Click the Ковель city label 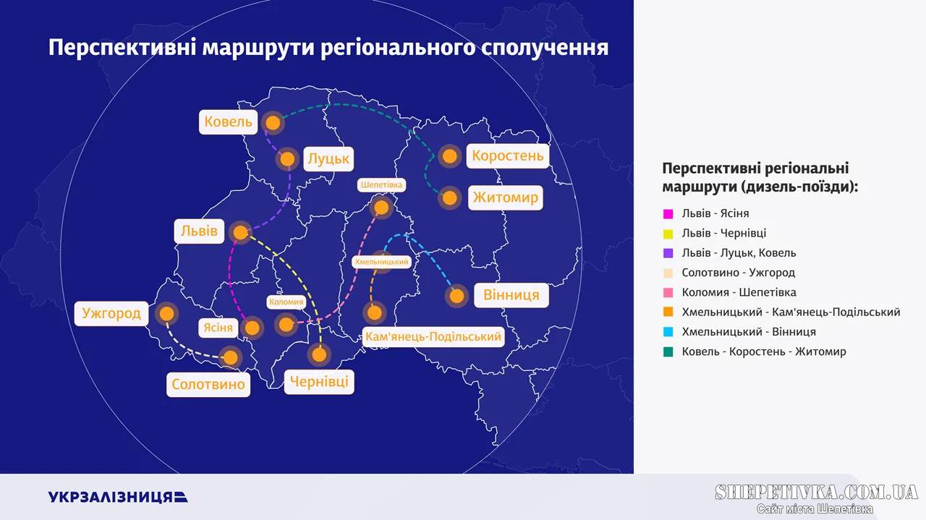click(x=228, y=122)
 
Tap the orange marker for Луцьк click(x=287, y=159)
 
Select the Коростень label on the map click(x=508, y=155)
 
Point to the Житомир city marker click(x=450, y=198)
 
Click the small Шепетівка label click(x=381, y=184)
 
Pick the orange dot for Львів click(x=240, y=233)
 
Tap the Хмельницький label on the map click(x=381, y=262)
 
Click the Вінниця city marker click(x=456, y=296)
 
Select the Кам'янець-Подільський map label click(x=433, y=336)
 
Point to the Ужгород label click(x=111, y=313)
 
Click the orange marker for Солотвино click(x=230, y=357)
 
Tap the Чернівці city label click(x=319, y=382)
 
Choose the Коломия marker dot click(x=286, y=325)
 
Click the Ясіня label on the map click(x=218, y=328)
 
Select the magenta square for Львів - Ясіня click(x=668, y=213)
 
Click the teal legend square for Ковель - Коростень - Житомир click(x=668, y=351)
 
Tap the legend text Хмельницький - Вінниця click(x=749, y=331)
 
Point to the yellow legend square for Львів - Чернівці click(x=668, y=234)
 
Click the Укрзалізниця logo click(x=118, y=497)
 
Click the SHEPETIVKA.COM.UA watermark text click(x=817, y=492)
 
